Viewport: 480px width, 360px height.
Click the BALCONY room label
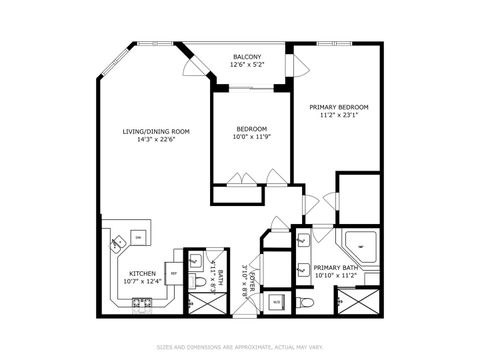pyautogui.click(x=247, y=56)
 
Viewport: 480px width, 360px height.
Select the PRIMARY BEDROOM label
pyautogui.click(x=338, y=107)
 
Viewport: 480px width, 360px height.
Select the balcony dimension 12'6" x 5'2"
pyautogui.click(x=247, y=65)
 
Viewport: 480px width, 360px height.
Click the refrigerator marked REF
pyautogui.click(x=174, y=272)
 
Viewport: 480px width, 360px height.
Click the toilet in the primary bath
pyautogui.click(x=310, y=301)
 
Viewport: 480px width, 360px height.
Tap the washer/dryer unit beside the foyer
pyautogui.click(x=277, y=301)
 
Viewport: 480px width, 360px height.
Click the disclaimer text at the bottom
pyautogui.click(x=240, y=347)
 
